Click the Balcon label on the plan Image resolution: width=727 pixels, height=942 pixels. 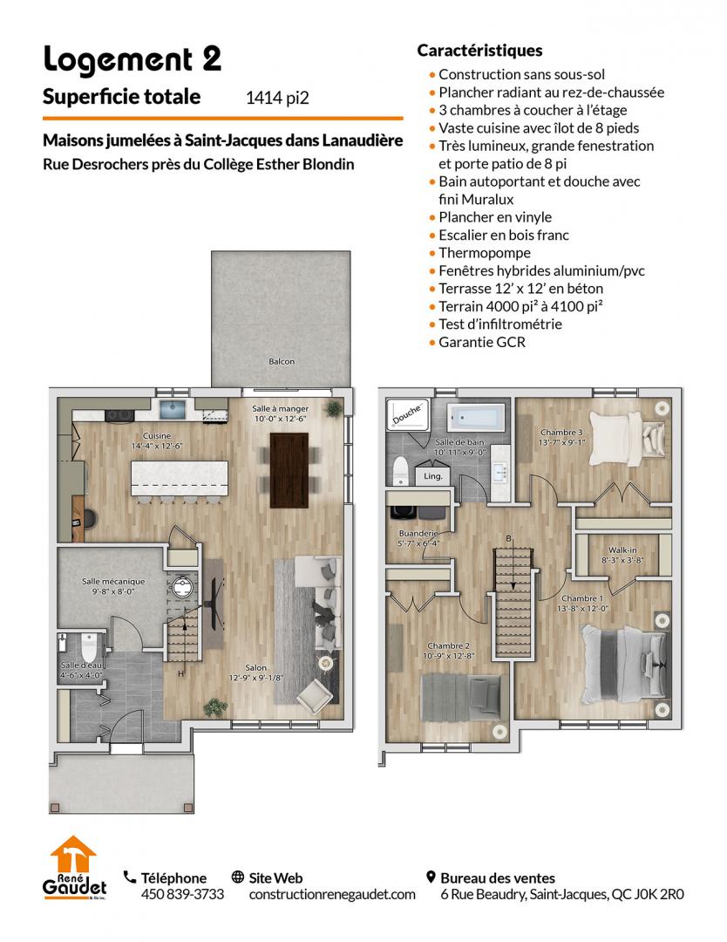tap(282, 362)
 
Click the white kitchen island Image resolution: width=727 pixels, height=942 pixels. tap(180, 478)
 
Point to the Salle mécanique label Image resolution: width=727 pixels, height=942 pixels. tap(113, 582)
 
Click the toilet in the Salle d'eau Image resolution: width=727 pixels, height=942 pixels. tap(89, 647)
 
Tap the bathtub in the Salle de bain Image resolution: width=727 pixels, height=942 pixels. tap(477, 418)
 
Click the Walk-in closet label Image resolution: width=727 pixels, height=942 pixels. tap(622, 549)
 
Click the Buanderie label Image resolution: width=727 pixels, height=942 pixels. tap(418, 534)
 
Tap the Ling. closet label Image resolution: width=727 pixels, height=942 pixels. tap(433, 476)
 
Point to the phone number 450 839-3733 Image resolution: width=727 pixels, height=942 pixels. tap(182, 895)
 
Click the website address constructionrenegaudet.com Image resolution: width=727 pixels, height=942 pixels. tap(332, 895)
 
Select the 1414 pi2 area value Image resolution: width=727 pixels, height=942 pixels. tap(277, 98)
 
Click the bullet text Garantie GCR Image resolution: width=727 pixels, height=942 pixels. tap(482, 343)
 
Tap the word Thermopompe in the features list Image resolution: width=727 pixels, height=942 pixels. tap(485, 253)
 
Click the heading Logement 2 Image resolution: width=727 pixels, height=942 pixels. tap(132, 60)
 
